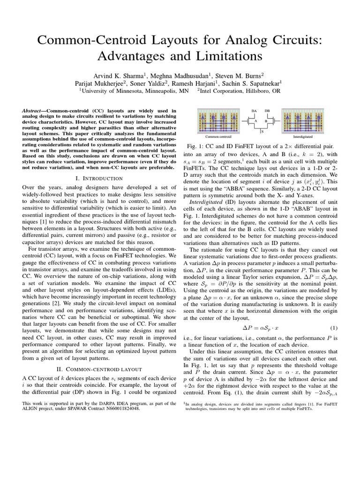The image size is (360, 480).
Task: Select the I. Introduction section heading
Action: pyautogui.click(x=99, y=178)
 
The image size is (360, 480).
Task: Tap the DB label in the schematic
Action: pyautogui.click(x=267, y=111)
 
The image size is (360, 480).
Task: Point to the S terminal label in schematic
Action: pyautogui.click(x=262, y=132)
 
